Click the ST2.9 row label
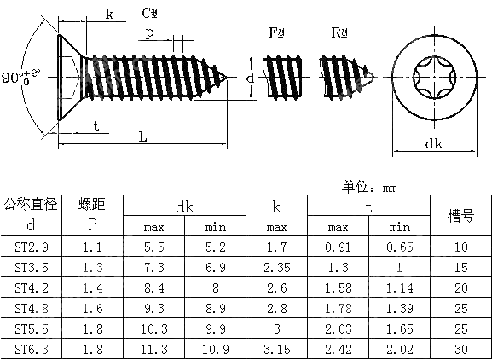tap(31, 247)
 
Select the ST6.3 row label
tap(31, 349)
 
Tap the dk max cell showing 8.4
tap(153, 287)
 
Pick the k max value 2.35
tap(276, 267)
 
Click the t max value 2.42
tap(338, 349)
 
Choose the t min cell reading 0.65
tap(399, 247)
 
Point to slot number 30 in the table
tap(460, 349)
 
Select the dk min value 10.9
tap(215, 349)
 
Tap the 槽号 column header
tap(460, 216)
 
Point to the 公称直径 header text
tap(31, 205)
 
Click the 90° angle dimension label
tap(16, 78)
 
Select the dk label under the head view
tap(433, 145)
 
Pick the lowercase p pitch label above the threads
tap(149, 33)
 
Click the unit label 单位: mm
tap(370, 187)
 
